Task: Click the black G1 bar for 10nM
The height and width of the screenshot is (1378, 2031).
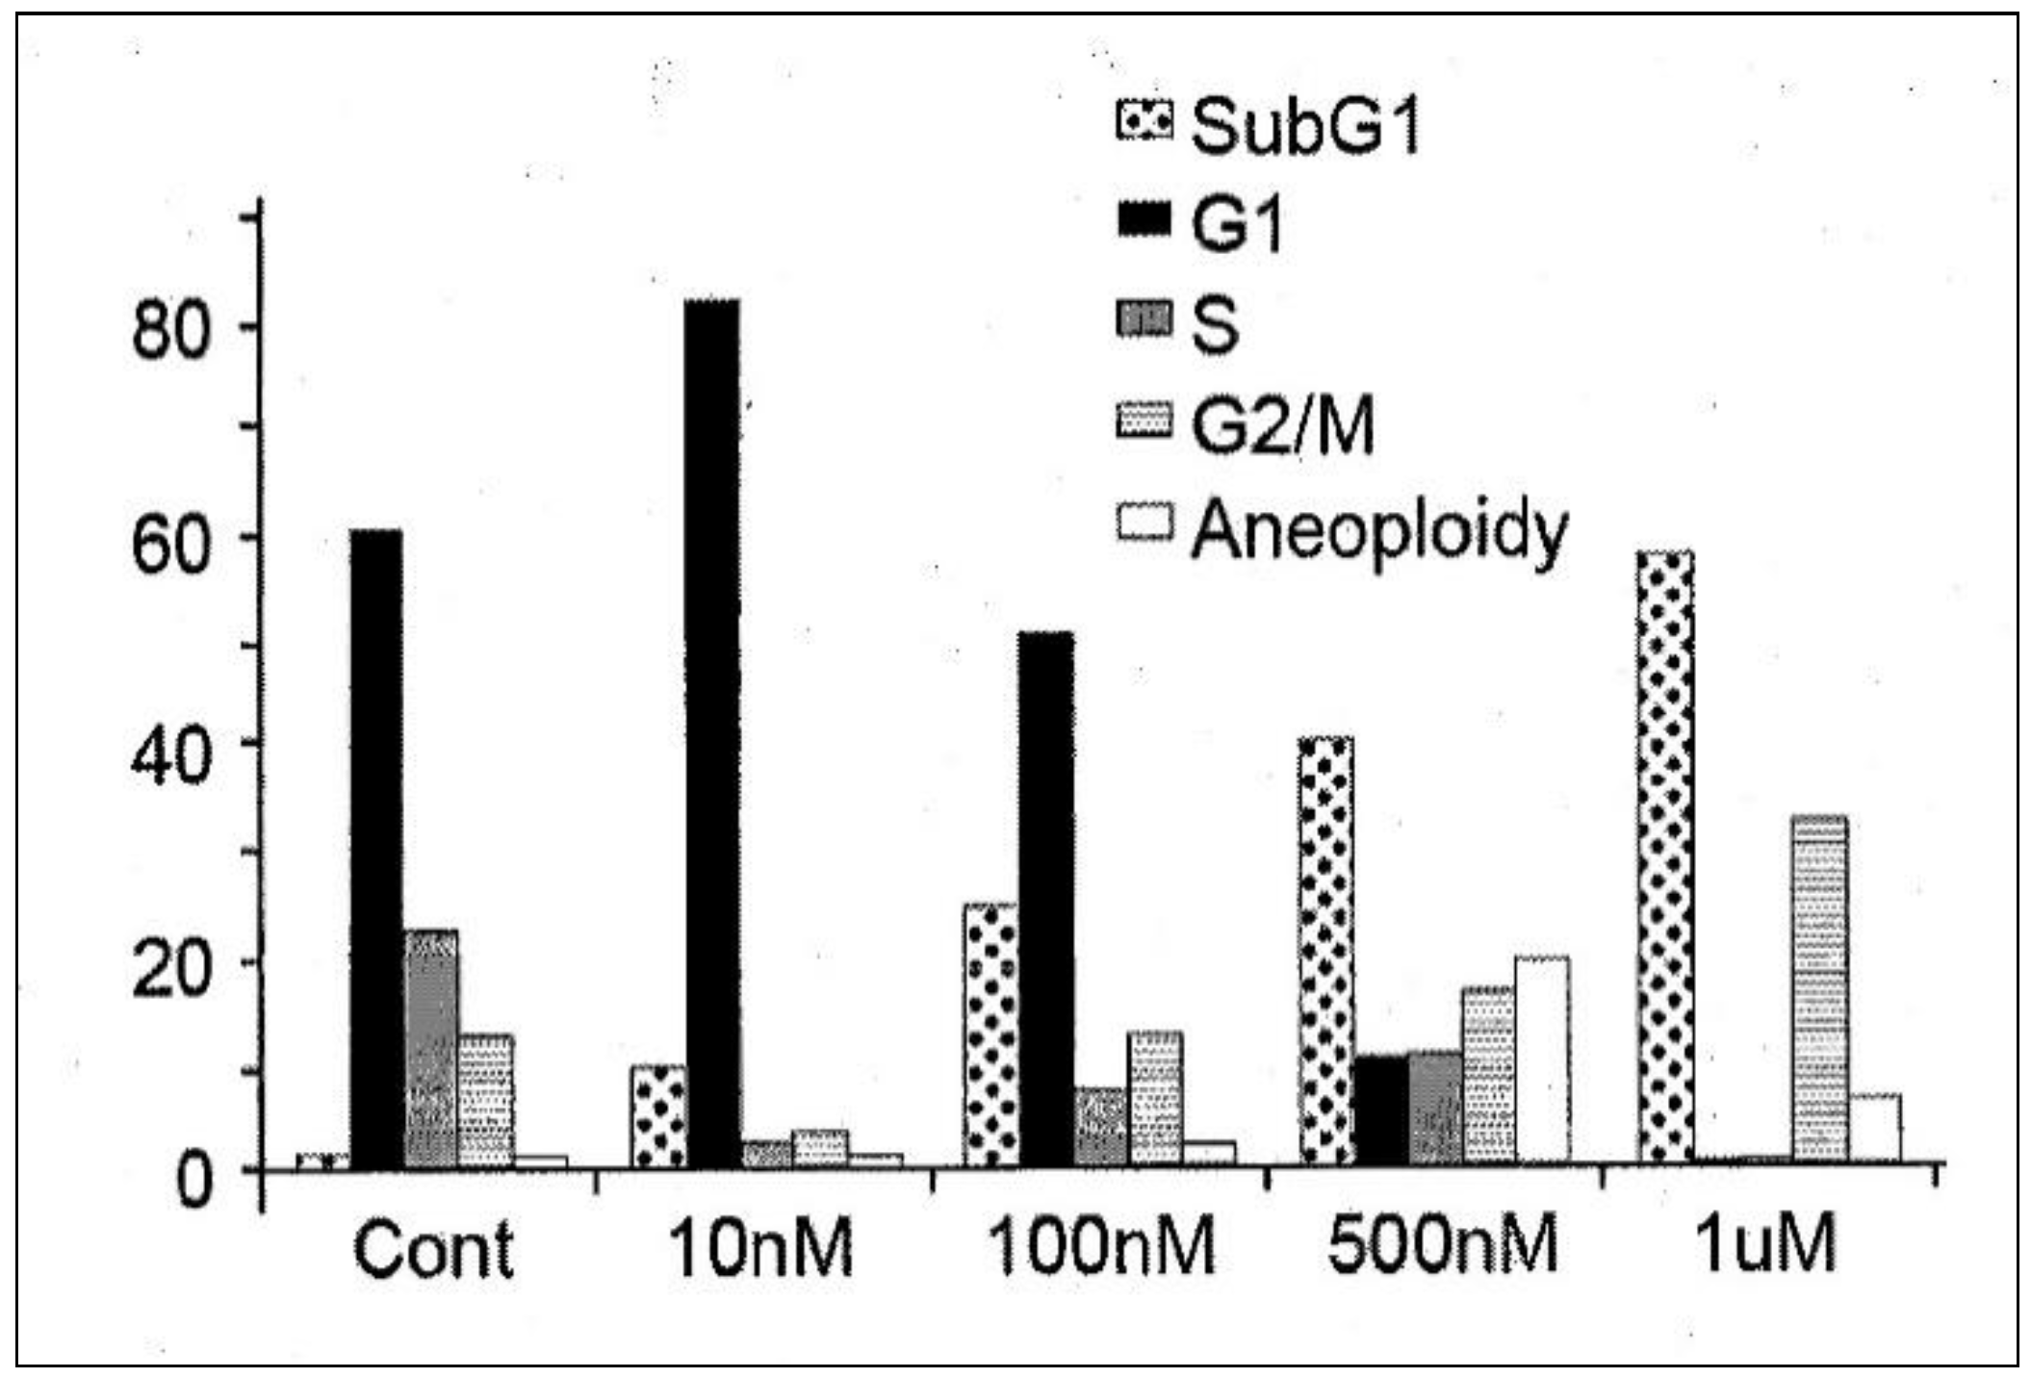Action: point(712,731)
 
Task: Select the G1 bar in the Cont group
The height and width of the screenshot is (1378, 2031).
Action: point(376,847)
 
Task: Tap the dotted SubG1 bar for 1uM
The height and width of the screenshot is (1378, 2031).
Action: point(1665,856)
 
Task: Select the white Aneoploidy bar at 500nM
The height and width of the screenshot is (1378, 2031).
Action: point(1542,1059)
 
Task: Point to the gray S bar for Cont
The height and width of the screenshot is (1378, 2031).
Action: point(431,1049)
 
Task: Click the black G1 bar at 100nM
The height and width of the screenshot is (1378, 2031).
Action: point(1046,900)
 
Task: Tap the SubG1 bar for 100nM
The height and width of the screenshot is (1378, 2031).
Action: point(990,1034)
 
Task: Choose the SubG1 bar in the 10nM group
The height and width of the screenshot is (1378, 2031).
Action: point(658,1116)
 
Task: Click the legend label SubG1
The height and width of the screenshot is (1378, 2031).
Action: point(1305,127)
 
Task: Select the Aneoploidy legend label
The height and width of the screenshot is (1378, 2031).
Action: point(1380,531)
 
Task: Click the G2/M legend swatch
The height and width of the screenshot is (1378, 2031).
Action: point(1145,421)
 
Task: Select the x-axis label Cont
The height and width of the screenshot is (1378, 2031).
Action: point(433,1249)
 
